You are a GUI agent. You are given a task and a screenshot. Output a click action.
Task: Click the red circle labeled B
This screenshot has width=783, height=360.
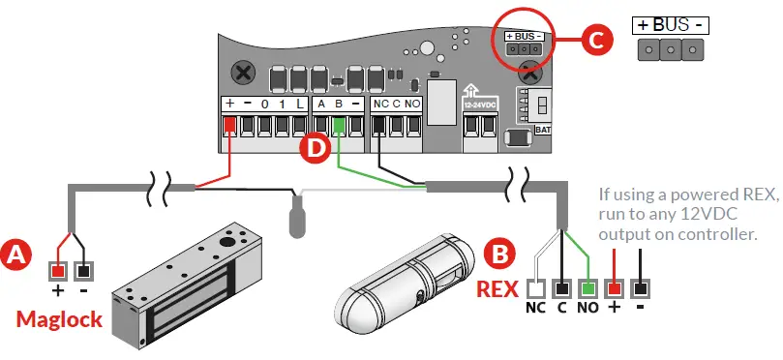498,255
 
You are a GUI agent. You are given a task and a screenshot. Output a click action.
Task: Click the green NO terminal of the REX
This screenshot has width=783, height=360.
587,288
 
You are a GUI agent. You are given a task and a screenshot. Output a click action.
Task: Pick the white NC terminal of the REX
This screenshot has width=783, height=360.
535,288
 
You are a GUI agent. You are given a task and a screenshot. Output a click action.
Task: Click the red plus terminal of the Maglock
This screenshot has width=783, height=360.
59,272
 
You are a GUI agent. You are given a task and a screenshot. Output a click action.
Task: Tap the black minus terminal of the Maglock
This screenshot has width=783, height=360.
84,272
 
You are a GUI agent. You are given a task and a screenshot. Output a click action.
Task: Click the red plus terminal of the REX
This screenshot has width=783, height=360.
614,288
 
